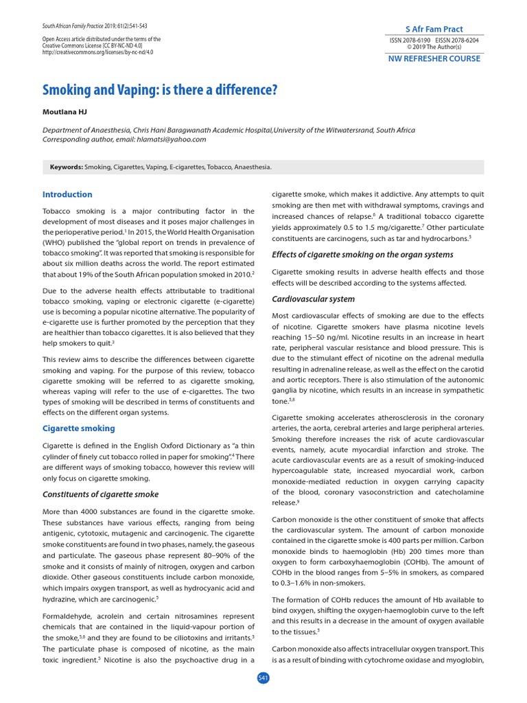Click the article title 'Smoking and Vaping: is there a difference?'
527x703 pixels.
point(161,90)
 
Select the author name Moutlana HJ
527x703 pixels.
point(65,112)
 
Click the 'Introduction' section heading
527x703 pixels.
point(67,194)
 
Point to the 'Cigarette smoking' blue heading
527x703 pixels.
point(79,428)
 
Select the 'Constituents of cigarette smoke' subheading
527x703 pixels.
point(100,494)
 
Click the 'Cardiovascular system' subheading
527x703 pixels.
point(314,299)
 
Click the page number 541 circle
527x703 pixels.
point(263,678)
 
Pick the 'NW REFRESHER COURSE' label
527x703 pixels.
point(435,59)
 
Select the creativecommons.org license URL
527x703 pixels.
point(97,51)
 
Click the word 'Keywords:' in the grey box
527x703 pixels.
point(67,167)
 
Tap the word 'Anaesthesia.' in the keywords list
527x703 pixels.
point(253,167)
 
